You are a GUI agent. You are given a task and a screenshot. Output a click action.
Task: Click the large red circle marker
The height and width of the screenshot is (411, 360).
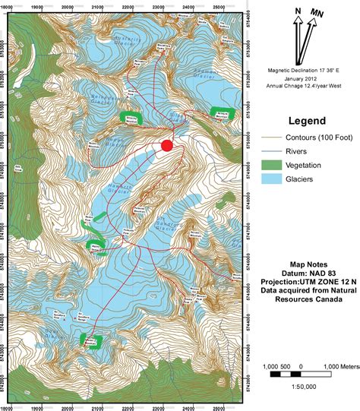[168, 145]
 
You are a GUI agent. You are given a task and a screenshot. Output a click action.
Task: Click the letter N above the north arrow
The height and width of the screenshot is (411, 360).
[298, 11]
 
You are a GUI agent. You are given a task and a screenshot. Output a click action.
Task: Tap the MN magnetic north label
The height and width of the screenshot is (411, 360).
[317, 12]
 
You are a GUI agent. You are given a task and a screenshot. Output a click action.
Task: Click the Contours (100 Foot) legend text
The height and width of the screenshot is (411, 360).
[320, 139]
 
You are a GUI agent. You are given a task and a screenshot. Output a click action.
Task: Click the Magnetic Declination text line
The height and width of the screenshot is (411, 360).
[308, 68]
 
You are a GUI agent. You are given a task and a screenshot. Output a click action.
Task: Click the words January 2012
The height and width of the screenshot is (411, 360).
[308, 77]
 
